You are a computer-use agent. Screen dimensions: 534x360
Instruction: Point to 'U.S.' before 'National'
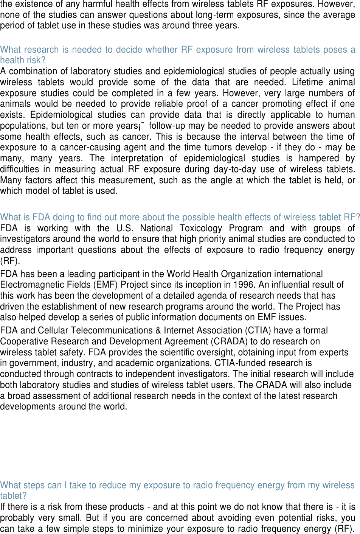124,228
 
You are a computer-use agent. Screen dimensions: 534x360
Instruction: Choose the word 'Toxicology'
200,228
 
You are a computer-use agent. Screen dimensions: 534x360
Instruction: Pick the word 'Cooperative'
24,342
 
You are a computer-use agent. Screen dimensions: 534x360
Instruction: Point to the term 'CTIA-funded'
238,363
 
